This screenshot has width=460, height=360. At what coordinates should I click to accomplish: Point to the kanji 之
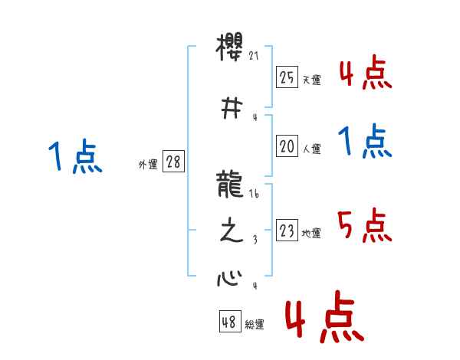click(231, 232)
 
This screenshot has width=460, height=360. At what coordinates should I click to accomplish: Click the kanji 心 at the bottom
click(230, 277)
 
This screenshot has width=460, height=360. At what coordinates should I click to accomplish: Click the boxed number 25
click(287, 77)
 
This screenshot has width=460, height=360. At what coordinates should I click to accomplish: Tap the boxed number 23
click(287, 230)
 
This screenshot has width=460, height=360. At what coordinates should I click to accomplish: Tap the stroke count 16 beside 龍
click(255, 196)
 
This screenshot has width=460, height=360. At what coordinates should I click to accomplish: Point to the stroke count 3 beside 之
click(255, 241)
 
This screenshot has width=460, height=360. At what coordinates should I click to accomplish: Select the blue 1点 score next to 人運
click(363, 142)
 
